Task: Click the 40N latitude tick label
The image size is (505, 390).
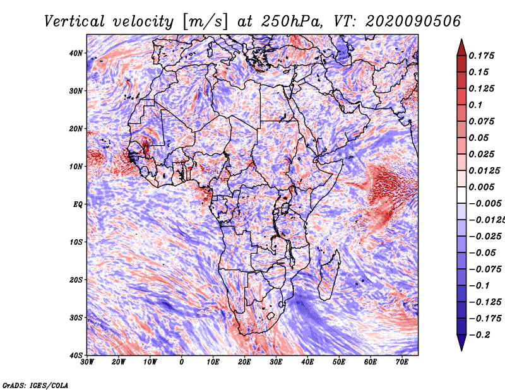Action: (76, 53)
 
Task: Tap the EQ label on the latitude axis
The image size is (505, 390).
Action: (78, 204)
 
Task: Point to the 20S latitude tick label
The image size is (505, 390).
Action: (76, 280)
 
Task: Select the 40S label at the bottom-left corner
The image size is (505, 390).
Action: (76, 355)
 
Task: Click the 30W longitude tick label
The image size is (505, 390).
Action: (87, 362)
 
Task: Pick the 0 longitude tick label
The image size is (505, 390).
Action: (182, 362)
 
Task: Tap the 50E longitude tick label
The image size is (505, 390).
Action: (339, 362)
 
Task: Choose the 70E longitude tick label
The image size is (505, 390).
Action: (402, 362)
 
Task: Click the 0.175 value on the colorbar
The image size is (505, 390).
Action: (482, 56)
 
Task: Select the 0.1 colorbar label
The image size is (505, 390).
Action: (476, 105)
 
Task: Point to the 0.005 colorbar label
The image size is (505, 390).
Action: (482, 187)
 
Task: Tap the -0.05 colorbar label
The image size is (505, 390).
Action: (482, 253)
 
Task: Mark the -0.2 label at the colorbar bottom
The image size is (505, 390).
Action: (479, 335)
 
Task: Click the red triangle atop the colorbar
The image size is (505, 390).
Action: (461, 49)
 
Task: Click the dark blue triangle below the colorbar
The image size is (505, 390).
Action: (461, 342)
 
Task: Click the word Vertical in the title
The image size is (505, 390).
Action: (74, 21)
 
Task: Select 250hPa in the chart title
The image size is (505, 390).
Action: (292, 21)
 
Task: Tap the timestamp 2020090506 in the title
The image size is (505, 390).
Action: (413, 21)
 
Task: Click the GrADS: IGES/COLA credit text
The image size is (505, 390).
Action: (35, 386)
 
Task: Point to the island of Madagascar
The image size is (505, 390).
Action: (329, 275)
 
